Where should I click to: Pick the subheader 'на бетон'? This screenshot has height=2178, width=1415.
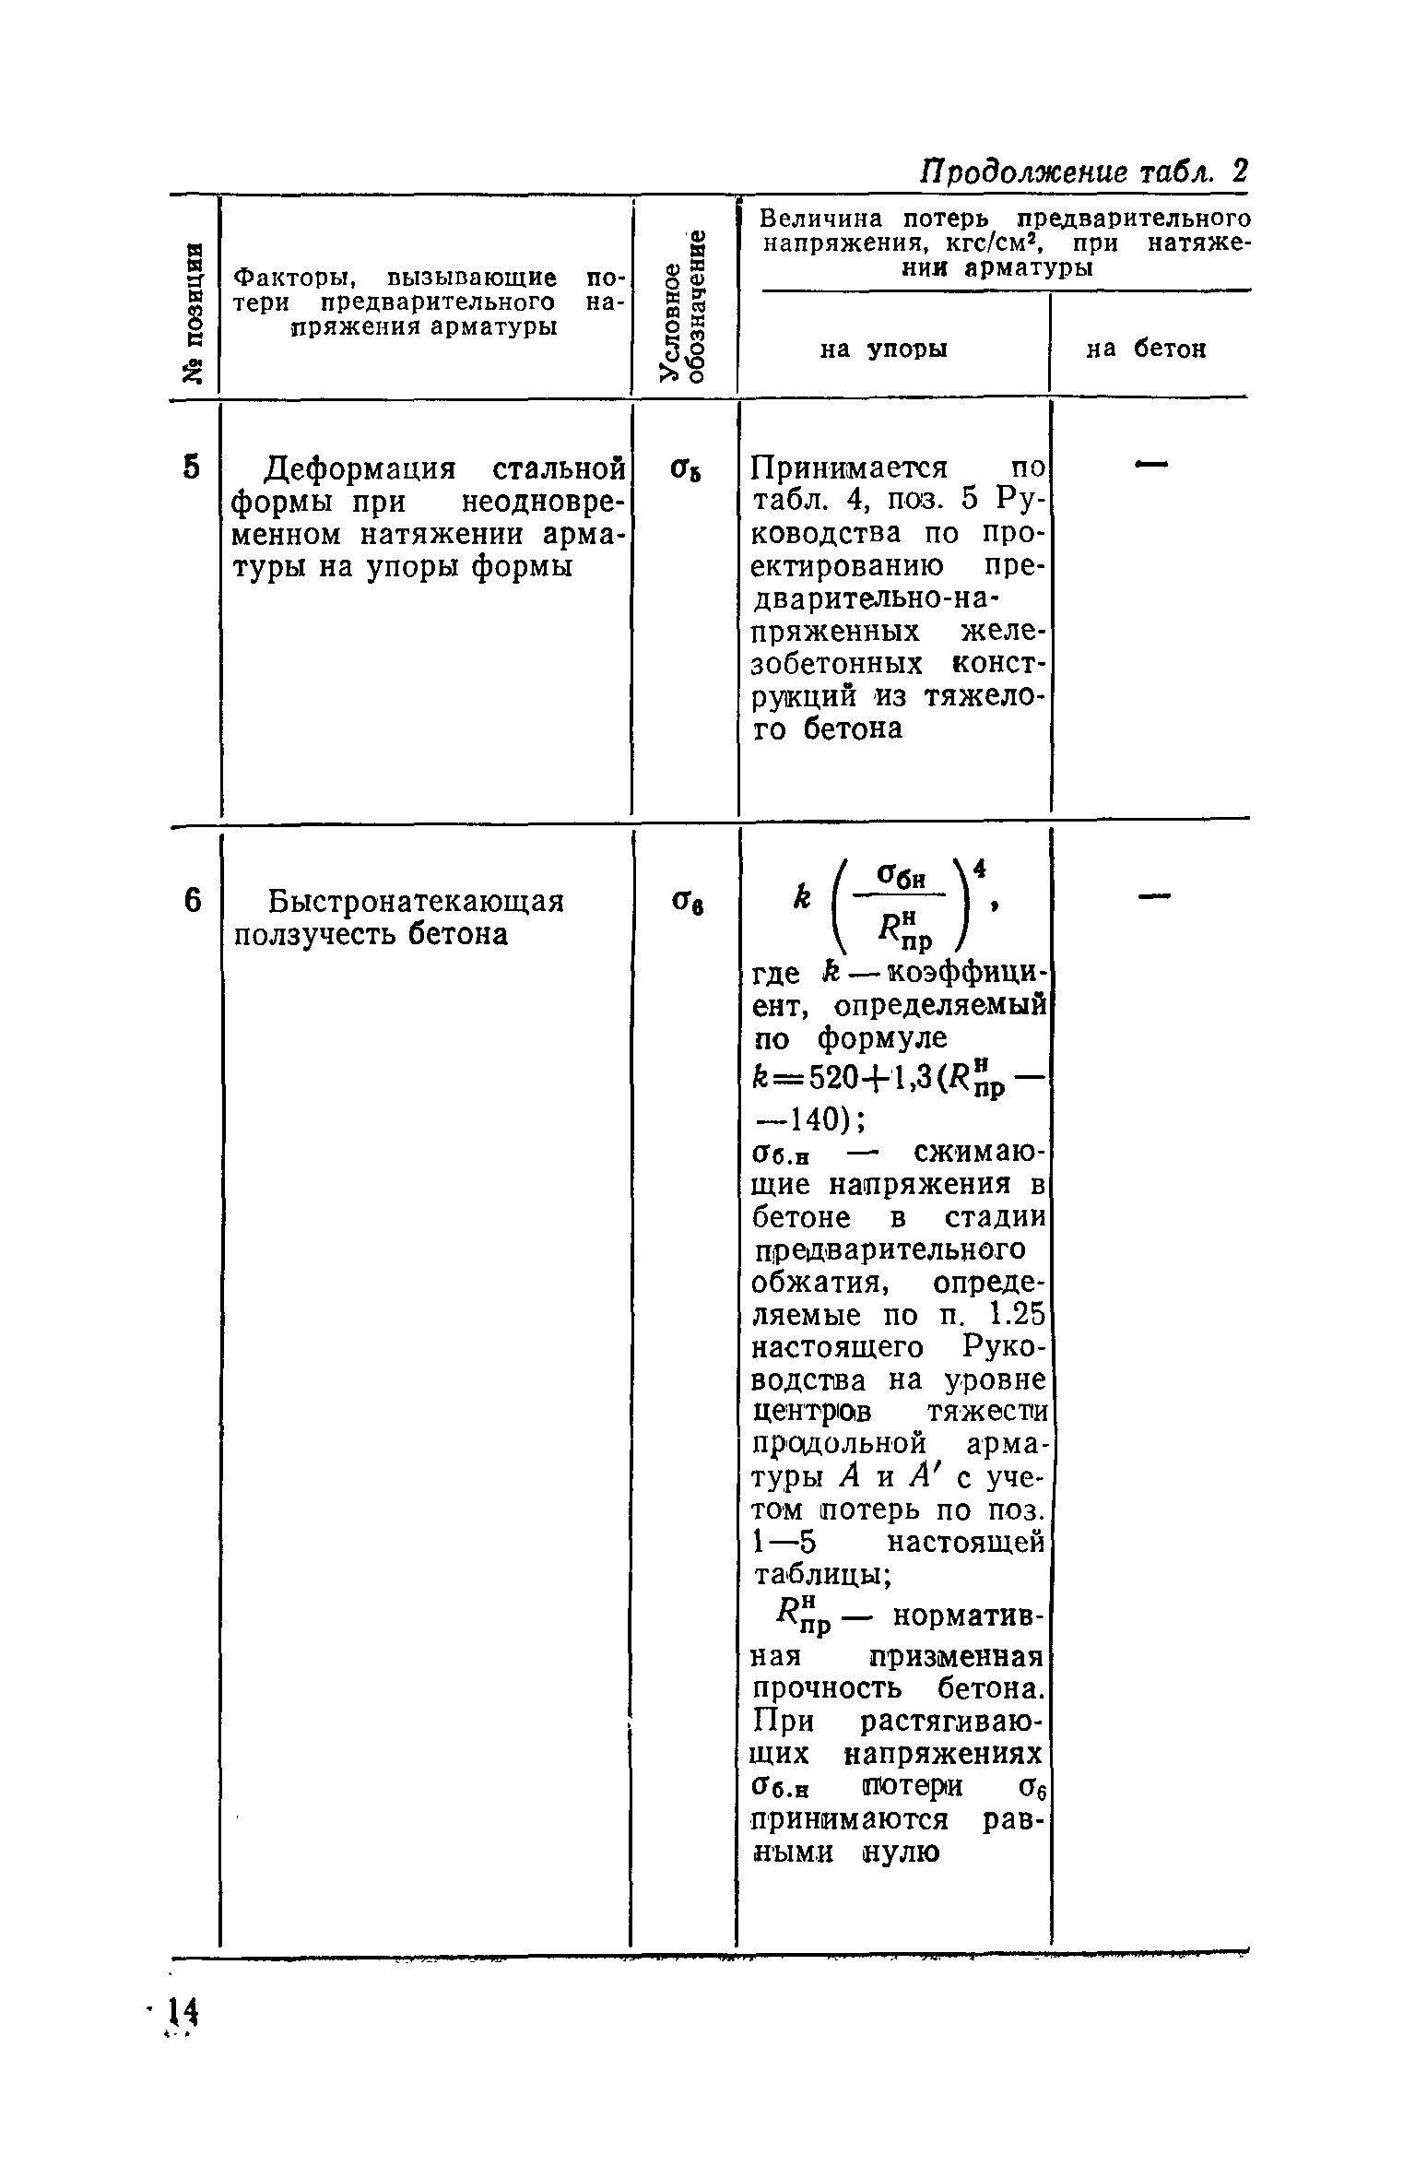[1146, 349]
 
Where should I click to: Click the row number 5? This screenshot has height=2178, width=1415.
[191, 468]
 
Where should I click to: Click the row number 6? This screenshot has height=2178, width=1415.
[191, 901]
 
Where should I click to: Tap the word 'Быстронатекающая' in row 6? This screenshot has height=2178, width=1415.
[415, 901]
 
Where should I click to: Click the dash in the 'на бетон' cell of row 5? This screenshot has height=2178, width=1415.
[1150, 467]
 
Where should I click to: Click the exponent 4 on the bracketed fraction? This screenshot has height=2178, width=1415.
[981, 869]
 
